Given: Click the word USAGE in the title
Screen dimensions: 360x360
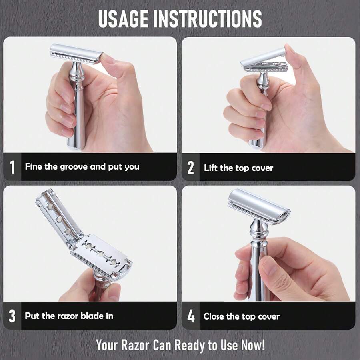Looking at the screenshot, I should tap(122, 18).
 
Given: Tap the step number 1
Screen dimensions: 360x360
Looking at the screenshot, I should tap(12, 167).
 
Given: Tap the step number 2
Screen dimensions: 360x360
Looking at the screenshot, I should tap(190, 168).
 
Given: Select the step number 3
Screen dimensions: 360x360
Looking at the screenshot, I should tap(12, 316).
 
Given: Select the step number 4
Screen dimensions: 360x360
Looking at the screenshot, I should tap(191, 316).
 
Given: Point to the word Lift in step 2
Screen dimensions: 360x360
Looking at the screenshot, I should tap(211, 168).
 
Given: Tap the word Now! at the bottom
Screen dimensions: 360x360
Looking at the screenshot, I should tap(253, 345).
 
